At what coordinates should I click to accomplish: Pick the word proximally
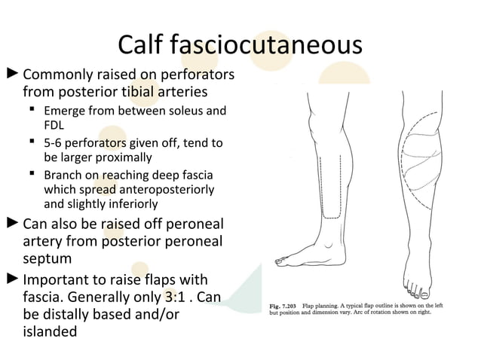121,158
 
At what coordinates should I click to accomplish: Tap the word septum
47,260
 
